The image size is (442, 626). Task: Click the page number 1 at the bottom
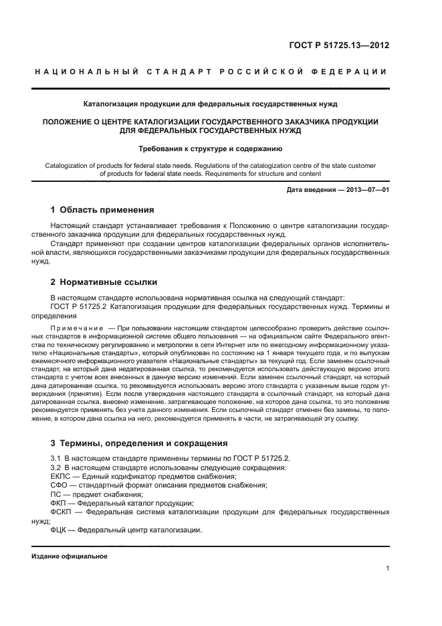pos(388,568)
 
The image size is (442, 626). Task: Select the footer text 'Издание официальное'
pos(70,556)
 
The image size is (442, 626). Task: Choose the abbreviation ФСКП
pos(62,511)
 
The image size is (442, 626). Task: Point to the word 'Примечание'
pos(75,329)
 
